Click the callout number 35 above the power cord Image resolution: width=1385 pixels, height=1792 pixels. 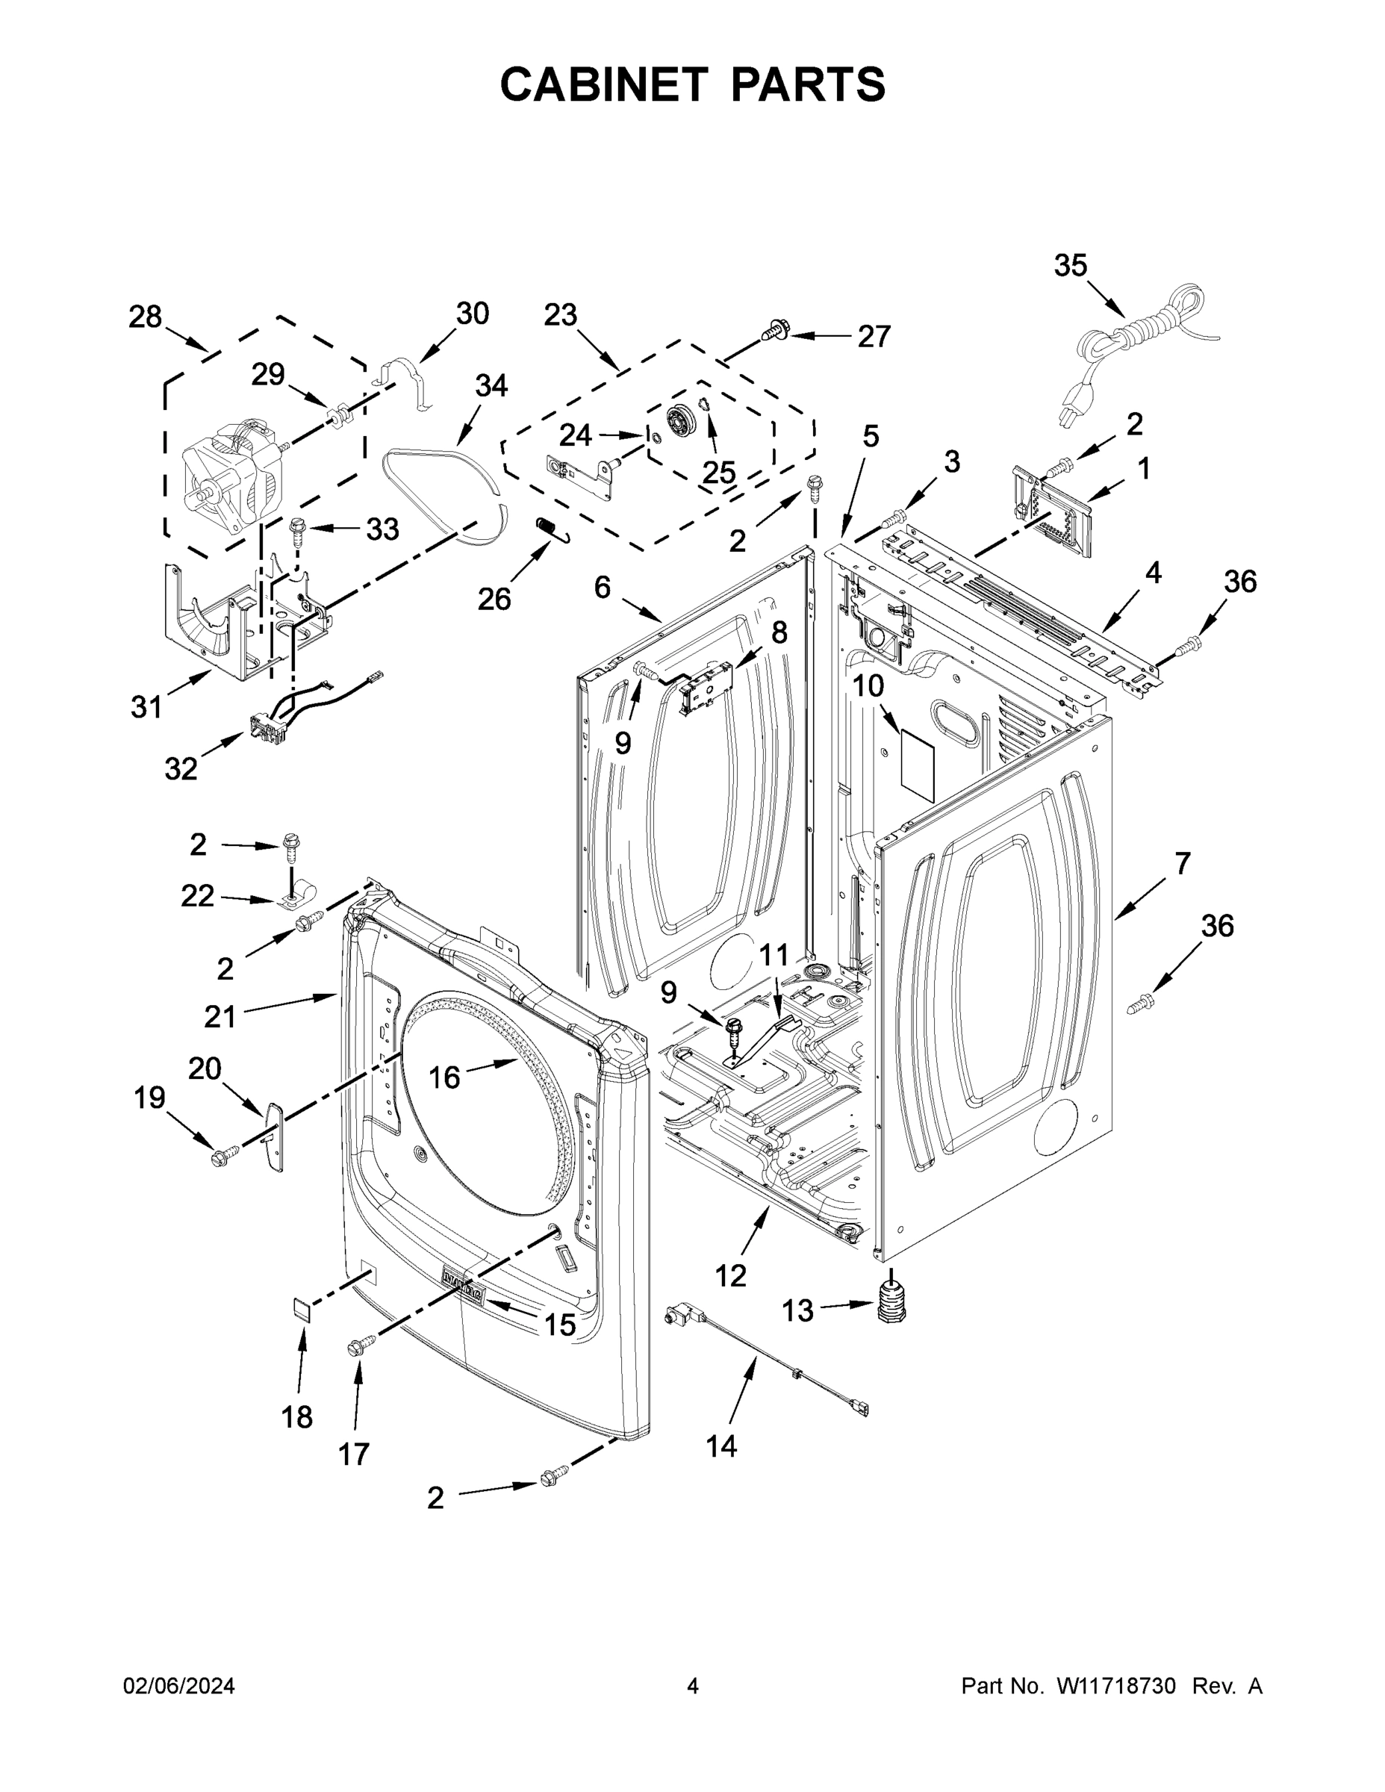(x=1070, y=266)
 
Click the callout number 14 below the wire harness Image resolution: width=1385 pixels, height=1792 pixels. (x=721, y=1446)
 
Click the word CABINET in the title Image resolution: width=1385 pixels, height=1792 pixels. (x=604, y=84)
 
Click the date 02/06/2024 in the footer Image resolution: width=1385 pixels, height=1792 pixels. (x=179, y=1686)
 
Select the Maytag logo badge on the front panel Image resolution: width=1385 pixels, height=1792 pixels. (x=462, y=1293)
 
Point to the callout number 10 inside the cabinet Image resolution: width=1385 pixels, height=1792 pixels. (x=868, y=685)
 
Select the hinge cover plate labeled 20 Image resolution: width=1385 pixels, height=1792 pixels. (x=273, y=1136)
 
